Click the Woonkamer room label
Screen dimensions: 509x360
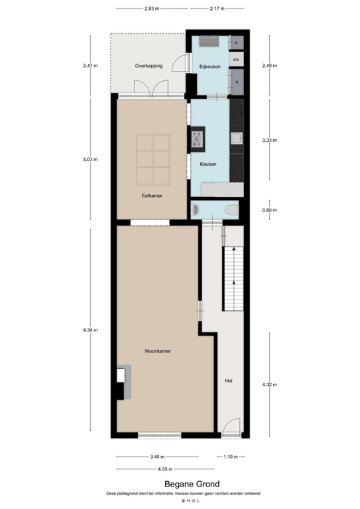coord(157,351)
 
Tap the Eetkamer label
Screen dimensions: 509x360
coord(152,196)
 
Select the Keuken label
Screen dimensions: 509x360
coord(208,164)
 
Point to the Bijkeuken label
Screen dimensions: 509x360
coord(210,66)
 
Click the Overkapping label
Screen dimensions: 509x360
coord(149,66)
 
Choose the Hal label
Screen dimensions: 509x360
coord(229,381)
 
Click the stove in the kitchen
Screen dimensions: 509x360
coord(198,139)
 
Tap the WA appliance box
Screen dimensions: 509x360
coord(236,60)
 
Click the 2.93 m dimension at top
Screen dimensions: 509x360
coord(153,9)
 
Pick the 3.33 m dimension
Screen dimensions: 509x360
coord(269,140)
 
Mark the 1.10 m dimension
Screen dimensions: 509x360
coord(230,457)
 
